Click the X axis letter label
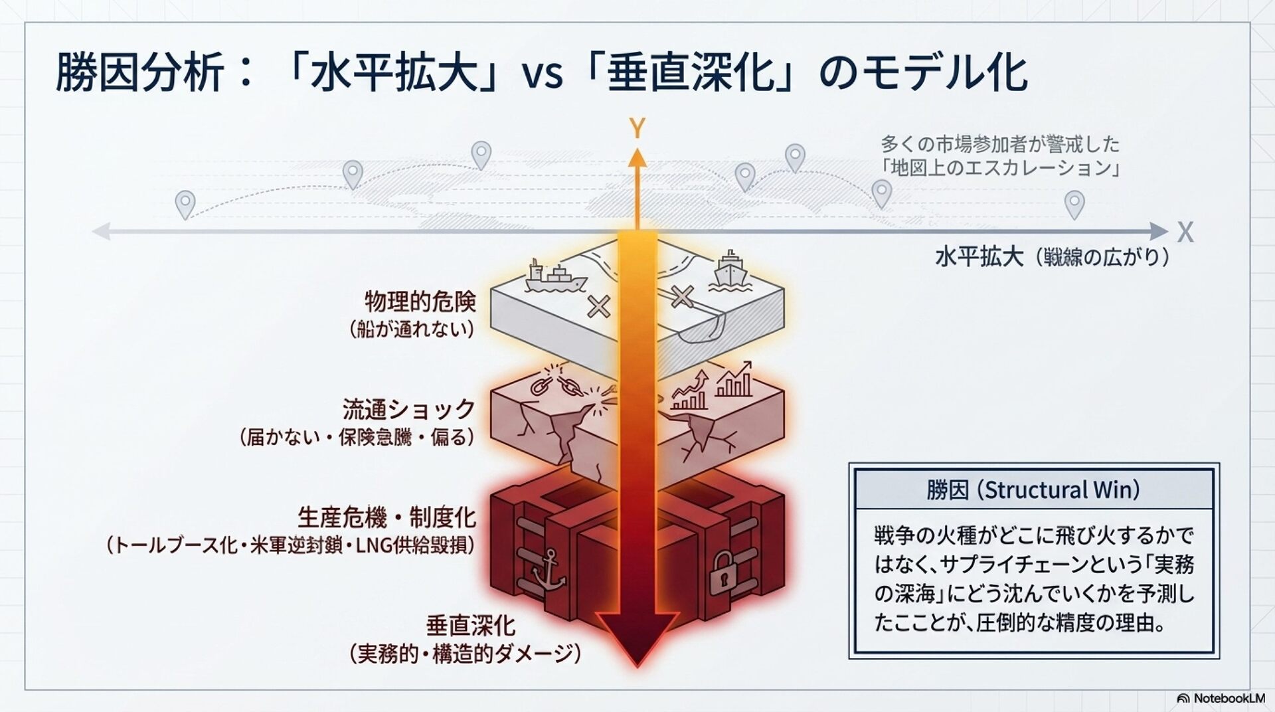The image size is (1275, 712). (1185, 232)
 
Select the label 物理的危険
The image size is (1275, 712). (420, 302)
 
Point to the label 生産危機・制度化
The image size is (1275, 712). (386, 517)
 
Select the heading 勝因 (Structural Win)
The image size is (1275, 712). (1033, 490)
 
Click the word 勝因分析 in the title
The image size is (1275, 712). (139, 72)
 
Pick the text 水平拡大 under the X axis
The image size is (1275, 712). (979, 257)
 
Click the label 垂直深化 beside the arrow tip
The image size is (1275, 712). (470, 626)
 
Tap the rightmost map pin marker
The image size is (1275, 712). (1074, 203)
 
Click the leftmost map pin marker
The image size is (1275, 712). (185, 204)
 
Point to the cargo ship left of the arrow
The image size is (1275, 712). (554, 277)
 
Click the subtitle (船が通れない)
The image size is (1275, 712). (412, 329)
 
